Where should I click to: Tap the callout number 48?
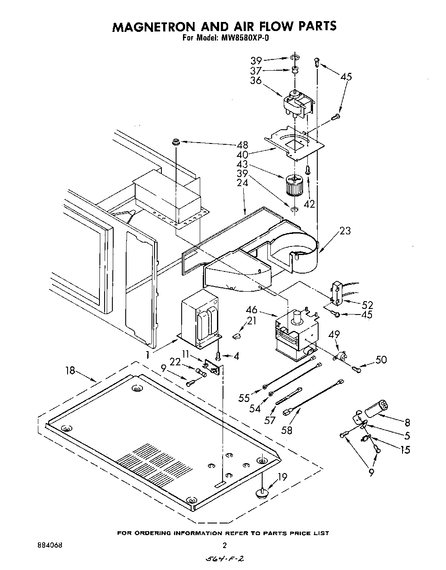tap(243, 144)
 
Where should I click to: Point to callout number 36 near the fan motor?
tap(256, 81)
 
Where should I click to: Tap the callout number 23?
tap(344, 231)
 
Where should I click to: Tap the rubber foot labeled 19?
tap(261, 492)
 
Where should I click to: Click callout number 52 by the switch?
tap(367, 305)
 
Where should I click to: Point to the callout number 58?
tap(287, 430)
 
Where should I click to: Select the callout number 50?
tap(381, 360)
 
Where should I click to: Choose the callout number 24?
tap(243, 183)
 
